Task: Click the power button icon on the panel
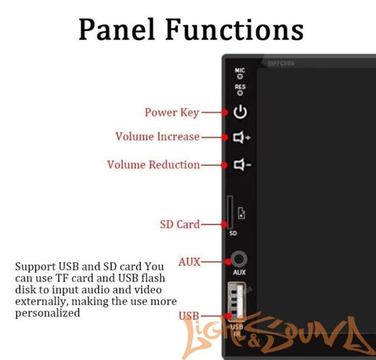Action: click(x=240, y=112)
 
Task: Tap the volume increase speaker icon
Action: click(x=241, y=137)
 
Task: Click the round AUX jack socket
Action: click(x=240, y=260)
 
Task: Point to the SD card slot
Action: click(x=230, y=212)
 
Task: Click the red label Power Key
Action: click(x=172, y=112)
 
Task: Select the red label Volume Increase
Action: click(x=157, y=137)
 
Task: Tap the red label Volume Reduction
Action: click(x=153, y=165)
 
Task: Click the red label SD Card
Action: click(x=179, y=225)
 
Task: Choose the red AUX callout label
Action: click(x=189, y=261)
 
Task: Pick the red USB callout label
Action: click(x=188, y=316)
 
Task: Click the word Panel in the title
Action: click(x=117, y=30)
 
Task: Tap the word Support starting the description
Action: click(x=33, y=266)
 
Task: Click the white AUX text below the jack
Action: click(x=240, y=274)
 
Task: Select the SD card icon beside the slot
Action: click(x=241, y=212)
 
